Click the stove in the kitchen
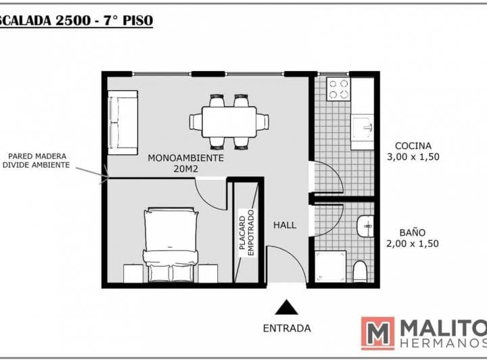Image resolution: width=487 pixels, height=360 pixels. tap(339, 89)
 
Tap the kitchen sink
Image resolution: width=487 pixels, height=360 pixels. tap(363, 127)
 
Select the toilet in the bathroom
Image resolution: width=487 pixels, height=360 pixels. tap(361, 272)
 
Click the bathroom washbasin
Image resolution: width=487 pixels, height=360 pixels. tap(365, 226)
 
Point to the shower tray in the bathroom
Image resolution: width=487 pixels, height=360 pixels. tap(331, 267)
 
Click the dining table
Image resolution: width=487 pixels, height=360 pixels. tap(229, 122)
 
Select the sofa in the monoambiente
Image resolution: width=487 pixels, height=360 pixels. tap(122, 122)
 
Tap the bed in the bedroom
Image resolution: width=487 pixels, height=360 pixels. tap(170, 245)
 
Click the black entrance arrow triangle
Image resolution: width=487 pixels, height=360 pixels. tap(286, 307)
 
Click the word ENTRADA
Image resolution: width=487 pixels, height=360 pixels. tap(287, 328)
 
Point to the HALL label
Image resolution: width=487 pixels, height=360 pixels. tap(285, 225)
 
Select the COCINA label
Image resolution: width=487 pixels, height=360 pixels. tap(413, 145)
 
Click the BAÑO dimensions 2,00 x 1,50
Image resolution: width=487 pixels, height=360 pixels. tap(413, 244)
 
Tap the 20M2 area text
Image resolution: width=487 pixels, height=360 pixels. tap(186, 169)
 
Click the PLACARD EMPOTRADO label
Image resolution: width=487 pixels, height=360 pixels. tap(247, 233)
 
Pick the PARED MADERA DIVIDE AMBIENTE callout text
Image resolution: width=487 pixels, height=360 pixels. tap(36, 160)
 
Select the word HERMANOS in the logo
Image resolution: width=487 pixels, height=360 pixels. tap(444, 343)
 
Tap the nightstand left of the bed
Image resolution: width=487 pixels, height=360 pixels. tap(133, 273)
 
